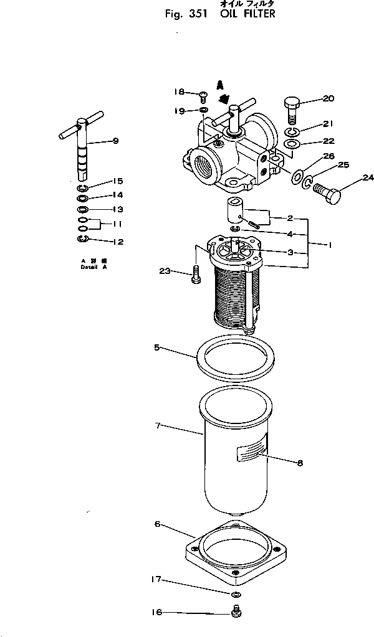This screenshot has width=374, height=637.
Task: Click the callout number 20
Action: click(328, 98)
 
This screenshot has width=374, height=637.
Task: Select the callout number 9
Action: click(114, 141)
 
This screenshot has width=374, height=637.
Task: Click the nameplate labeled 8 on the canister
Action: click(252, 448)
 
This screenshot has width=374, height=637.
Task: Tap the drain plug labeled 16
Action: click(236, 614)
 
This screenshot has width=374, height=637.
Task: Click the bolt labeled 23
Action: click(196, 273)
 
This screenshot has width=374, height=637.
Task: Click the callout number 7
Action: click(158, 426)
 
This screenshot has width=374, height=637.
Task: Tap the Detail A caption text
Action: click(94, 264)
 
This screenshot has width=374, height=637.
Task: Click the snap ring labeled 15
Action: click(84, 187)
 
